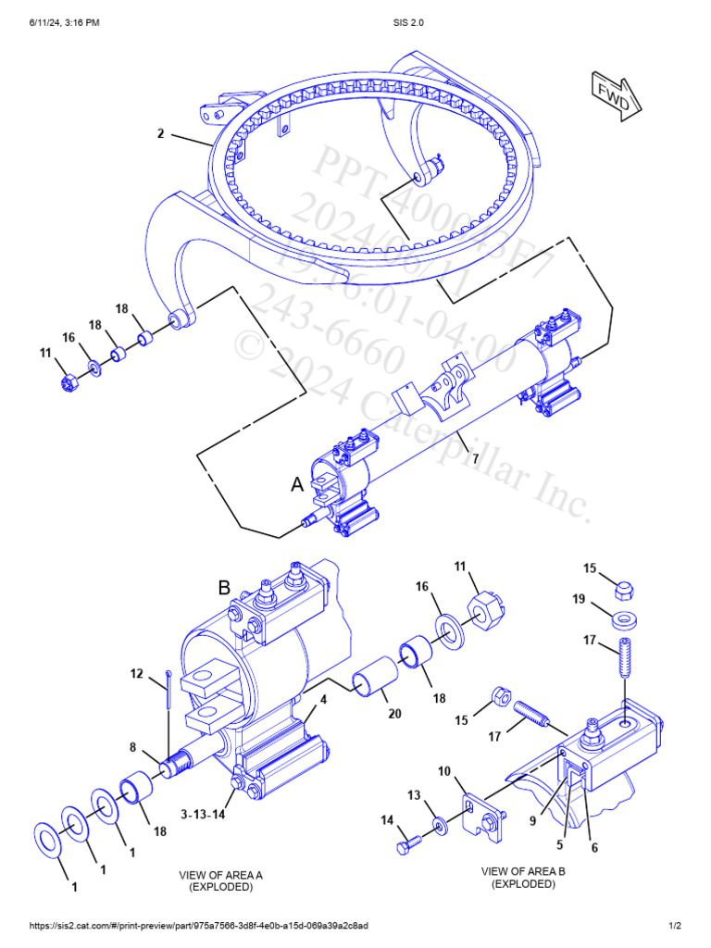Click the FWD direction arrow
pyautogui.click(x=611, y=94)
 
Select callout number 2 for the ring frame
pyautogui.click(x=160, y=134)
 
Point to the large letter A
pyautogui.click(x=297, y=484)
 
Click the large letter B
pyautogui.click(x=224, y=587)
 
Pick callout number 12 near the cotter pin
pyautogui.click(x=136, y=674)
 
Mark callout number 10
pyautogui.click(x=444, y=770)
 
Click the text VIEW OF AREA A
pyautogui.click(x=221, y=874)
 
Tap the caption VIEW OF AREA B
pyautogui.click(x=523, y=871)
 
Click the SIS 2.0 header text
pyautogui.click(x=355, y=22)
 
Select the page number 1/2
pyautogui.click(x=675, y=926)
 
